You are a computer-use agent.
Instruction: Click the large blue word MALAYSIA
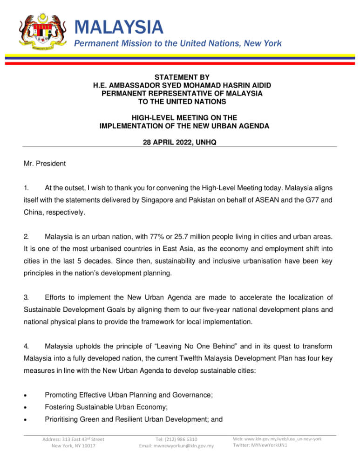(x=119, y=27)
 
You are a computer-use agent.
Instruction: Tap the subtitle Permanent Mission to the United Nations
(x=178, y=43)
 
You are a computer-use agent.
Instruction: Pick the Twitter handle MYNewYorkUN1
(x=272, y=445)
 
